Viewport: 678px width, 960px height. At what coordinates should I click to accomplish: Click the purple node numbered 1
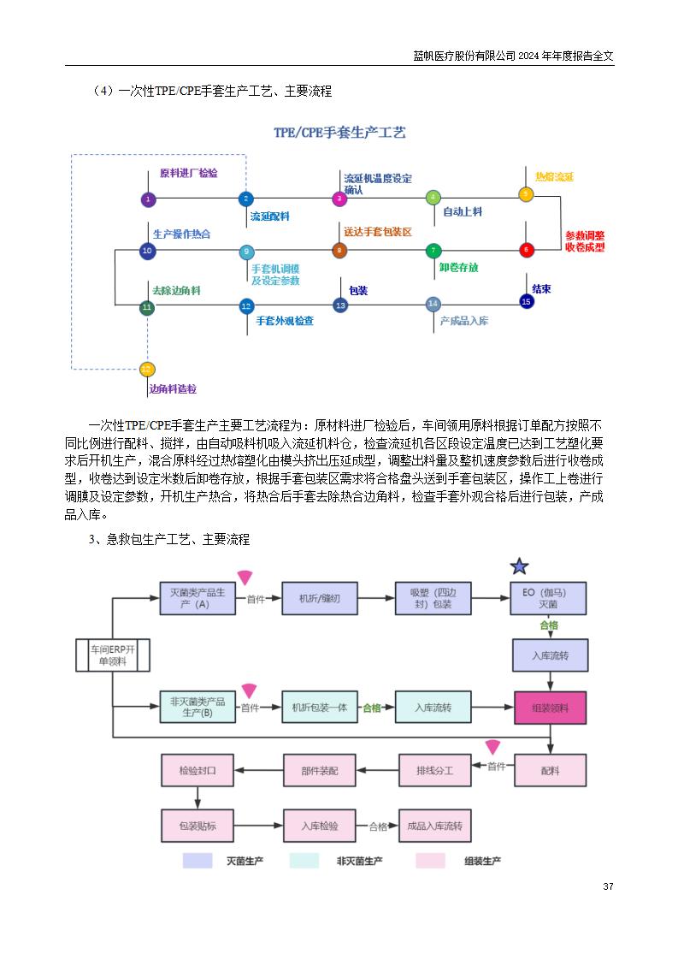pyautogui.click(x=148, y=199)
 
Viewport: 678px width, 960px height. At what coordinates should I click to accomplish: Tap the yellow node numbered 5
pyautogui.click(x=527, y=194)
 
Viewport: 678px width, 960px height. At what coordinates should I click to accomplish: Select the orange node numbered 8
pyautogui.click(x=339, y=251)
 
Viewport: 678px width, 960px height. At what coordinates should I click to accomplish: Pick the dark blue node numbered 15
pyautogui.click(x=527, y=301)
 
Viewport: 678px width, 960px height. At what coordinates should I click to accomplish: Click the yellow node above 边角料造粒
pyautogui.click(x=147, y=369)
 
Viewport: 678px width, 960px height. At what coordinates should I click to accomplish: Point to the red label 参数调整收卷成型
pyautogui.click(x=584, y=240)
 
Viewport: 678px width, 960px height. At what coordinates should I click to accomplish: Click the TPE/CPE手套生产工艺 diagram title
pyautogui.click(x=339, y=133)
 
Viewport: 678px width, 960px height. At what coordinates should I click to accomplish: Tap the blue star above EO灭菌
pyautogui.click(x=519, y=566)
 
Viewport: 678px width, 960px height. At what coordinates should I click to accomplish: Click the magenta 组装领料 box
pyautogui.click(x=550, y=708)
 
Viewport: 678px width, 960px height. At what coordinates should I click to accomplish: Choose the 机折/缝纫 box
pyautogui.click(x=319, y=598)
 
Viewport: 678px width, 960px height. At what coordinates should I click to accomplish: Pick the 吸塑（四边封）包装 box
pyautogui.click(x=433, y=598)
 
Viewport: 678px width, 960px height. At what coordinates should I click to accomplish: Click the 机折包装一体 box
pyautogui.click(x=319, y=708)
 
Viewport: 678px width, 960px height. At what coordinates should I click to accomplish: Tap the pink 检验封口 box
pyautogui.click(x=198, y=770)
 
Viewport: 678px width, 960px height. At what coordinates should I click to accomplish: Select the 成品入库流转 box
pyautogui.click(x=434, y=826)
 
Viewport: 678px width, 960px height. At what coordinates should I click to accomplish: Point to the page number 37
pyautogui.click(x=608, y=886)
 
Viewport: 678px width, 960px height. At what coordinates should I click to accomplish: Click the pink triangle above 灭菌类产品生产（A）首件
pyautogui.click(x=245, y=578)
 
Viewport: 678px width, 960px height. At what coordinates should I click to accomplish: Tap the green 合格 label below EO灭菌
pyautogui.click(x=549, y=625)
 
